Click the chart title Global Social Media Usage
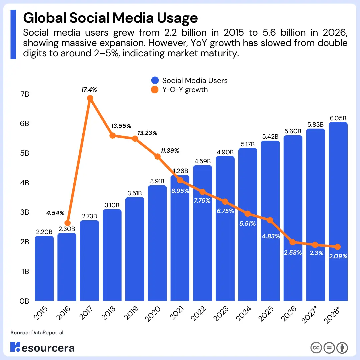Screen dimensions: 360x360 [110, 18]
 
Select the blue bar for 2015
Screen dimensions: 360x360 [44, 268]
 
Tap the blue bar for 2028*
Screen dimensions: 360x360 [338, 213]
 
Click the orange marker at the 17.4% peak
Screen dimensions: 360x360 [90, 98]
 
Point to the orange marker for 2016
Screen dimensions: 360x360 [67, 223]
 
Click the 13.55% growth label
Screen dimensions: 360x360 [121, 126]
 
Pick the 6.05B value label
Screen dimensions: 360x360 [338, 118]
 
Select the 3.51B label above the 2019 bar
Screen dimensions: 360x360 [135, 193]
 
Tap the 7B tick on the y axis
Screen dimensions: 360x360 [25, 94]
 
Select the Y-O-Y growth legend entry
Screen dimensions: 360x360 [185, 90]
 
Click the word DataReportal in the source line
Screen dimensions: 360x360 [47, 333]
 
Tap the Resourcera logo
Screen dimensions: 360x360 [42, 347]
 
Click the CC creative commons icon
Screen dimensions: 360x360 [316, 348]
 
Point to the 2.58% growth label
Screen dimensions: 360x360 [293, 253]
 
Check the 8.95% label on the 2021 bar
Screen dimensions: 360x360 [180, 191]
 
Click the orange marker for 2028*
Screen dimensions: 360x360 [337, 247]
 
